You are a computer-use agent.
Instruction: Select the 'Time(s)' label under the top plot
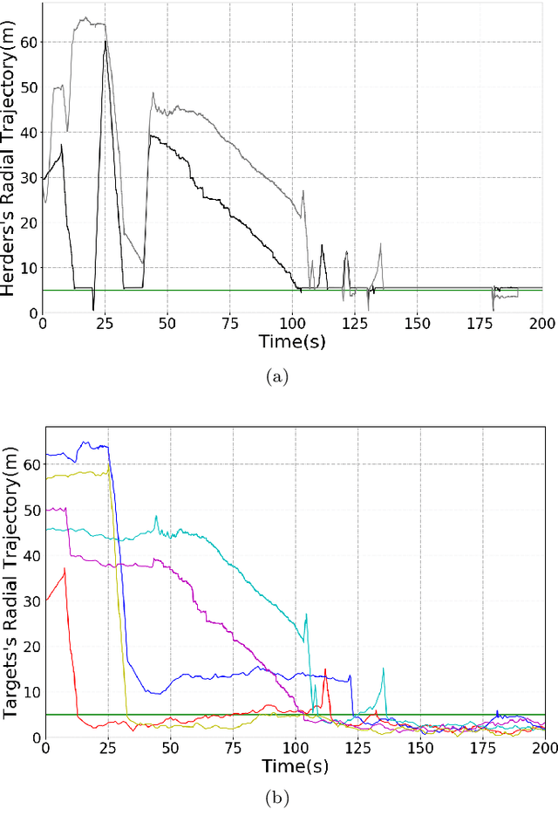[x=292, y=342]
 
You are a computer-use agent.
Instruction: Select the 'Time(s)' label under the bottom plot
[x=294, y=765]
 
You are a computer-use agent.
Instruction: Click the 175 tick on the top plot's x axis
[x=480, y=323]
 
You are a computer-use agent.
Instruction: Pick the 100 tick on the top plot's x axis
[x=292, y=323]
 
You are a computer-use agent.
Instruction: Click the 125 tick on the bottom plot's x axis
[x=357, y=747]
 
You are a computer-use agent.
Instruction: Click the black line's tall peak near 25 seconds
[x=105, y=41]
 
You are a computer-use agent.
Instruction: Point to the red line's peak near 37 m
[x=65, y=569]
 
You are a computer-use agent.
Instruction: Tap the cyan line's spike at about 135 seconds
[x=383, y=669]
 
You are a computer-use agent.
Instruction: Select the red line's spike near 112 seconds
[x=325, y=669]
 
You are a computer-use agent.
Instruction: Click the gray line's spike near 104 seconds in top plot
[x=303, y=190]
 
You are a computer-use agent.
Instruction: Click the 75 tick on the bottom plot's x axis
[x=233, y=747]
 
